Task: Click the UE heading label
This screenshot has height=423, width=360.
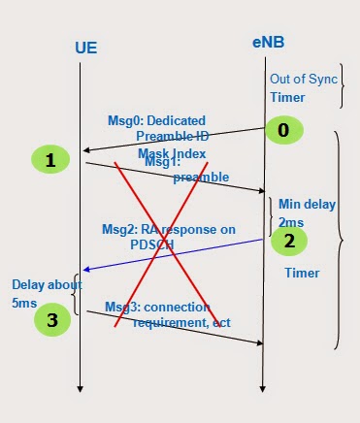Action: click(85, 47)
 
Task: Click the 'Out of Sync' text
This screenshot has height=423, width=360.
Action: click(304, 79)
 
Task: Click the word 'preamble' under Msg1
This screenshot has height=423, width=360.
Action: click(201, 178)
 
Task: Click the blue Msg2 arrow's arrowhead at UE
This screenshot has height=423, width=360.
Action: click(86, 270)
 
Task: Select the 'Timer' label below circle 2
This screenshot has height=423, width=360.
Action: click(302, 274)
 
